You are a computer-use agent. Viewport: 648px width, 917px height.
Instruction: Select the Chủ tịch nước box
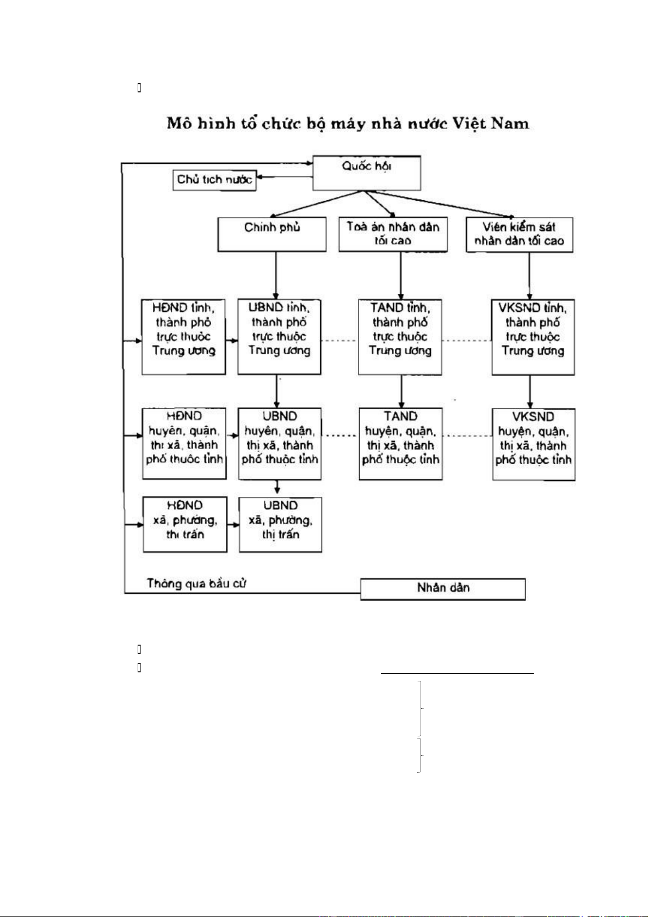(x=214, y=180)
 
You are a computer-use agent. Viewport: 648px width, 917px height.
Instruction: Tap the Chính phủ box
(x=272, y=234)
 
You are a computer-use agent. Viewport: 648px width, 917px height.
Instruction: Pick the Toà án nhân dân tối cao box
(x=393, y=234)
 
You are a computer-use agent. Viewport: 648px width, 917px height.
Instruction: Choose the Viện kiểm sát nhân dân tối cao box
(x=519, y=235)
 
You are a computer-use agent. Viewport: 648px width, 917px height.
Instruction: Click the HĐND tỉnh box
(x=184, y=336)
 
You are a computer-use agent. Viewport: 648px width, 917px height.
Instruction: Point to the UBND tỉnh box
(x=279, y=336)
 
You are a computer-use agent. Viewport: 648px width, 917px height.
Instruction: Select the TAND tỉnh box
(x=400, y=336)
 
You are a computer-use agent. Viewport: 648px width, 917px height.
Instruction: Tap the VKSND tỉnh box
(x=533, y=337)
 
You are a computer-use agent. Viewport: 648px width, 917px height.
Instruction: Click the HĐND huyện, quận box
(x=184, y=444)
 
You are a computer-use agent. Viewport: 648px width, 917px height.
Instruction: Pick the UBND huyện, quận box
(x=280, y=444)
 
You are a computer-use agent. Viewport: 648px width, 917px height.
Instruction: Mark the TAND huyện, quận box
(x=400, y=444)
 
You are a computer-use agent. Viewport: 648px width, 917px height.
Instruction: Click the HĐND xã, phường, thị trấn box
(x=185, y=524)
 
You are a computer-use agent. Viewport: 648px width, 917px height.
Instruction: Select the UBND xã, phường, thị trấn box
(x=280, y=524)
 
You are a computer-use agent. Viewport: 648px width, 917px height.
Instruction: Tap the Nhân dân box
(x=443, y=589)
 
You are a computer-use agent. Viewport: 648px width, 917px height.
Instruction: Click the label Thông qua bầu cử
(x=196, y=584)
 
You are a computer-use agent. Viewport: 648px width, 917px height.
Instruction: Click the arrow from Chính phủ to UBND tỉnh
(x=276, y=275)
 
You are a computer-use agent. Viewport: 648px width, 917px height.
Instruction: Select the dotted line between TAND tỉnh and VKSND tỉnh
(x=466, y=341)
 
